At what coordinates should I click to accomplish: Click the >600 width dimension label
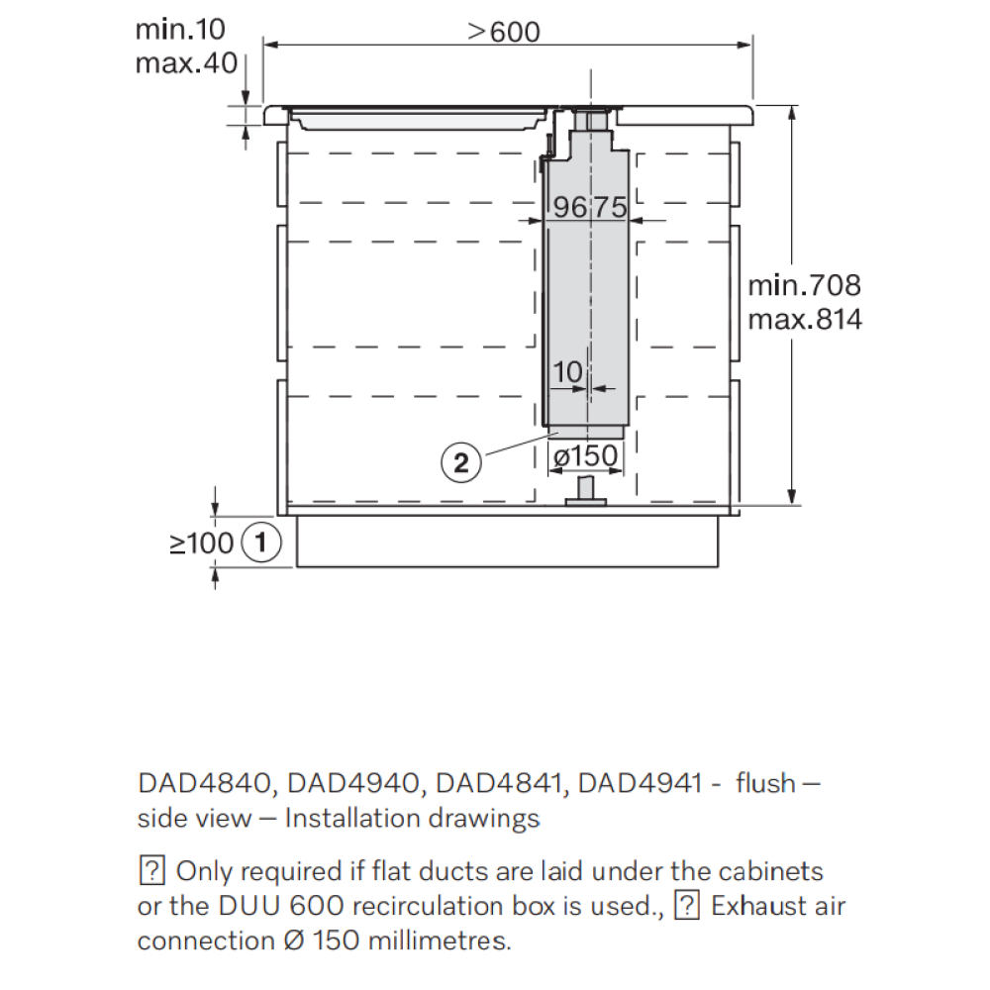pyautogui.click(x=504, y=32)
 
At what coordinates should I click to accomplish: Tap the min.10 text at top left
pyautogui.click(x=180, y=29)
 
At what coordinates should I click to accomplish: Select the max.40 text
pyautogui.click(x=186, y=63)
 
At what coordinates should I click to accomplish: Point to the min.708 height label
pyautogui.click(x=804, y=285)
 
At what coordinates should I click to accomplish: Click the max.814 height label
pyautogui.click(x=804, y=320)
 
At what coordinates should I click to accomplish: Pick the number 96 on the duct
pyautogui.click(x=569, y=207)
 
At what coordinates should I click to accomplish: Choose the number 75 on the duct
pyautogui.click(x=610, y=207)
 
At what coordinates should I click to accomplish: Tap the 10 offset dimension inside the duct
pyautogui.click(x=567, y=371)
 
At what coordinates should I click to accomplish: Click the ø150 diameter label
pyautogui.click(x=585, y=455)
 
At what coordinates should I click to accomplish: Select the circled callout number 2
pyautogui.click(x=461, y=462)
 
